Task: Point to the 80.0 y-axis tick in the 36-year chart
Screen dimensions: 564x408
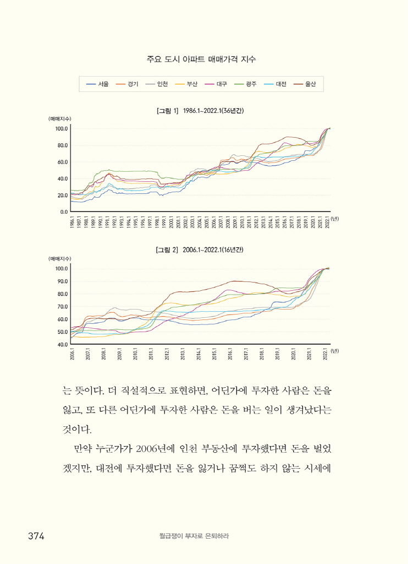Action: coord(61,145)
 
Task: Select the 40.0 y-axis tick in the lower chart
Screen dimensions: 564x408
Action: coord(61,345)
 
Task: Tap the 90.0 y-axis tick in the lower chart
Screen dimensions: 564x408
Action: coord(61,281)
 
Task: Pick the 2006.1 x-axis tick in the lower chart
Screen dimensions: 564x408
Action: coord(72,353)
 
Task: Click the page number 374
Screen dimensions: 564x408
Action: coord(36,536)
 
